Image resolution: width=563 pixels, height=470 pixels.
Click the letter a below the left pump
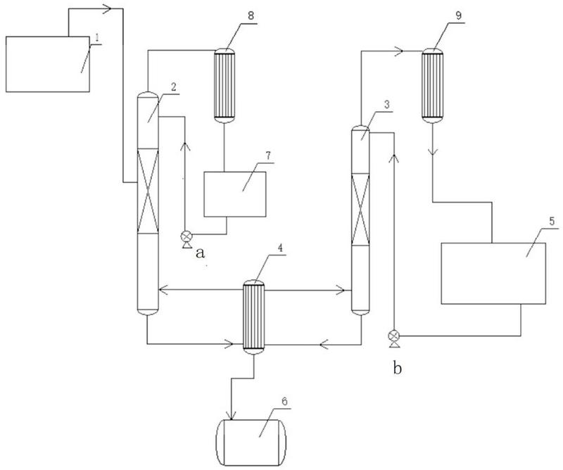click(x=200, y=254)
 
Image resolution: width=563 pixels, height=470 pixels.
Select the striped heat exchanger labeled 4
click(x=252, y=317)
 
